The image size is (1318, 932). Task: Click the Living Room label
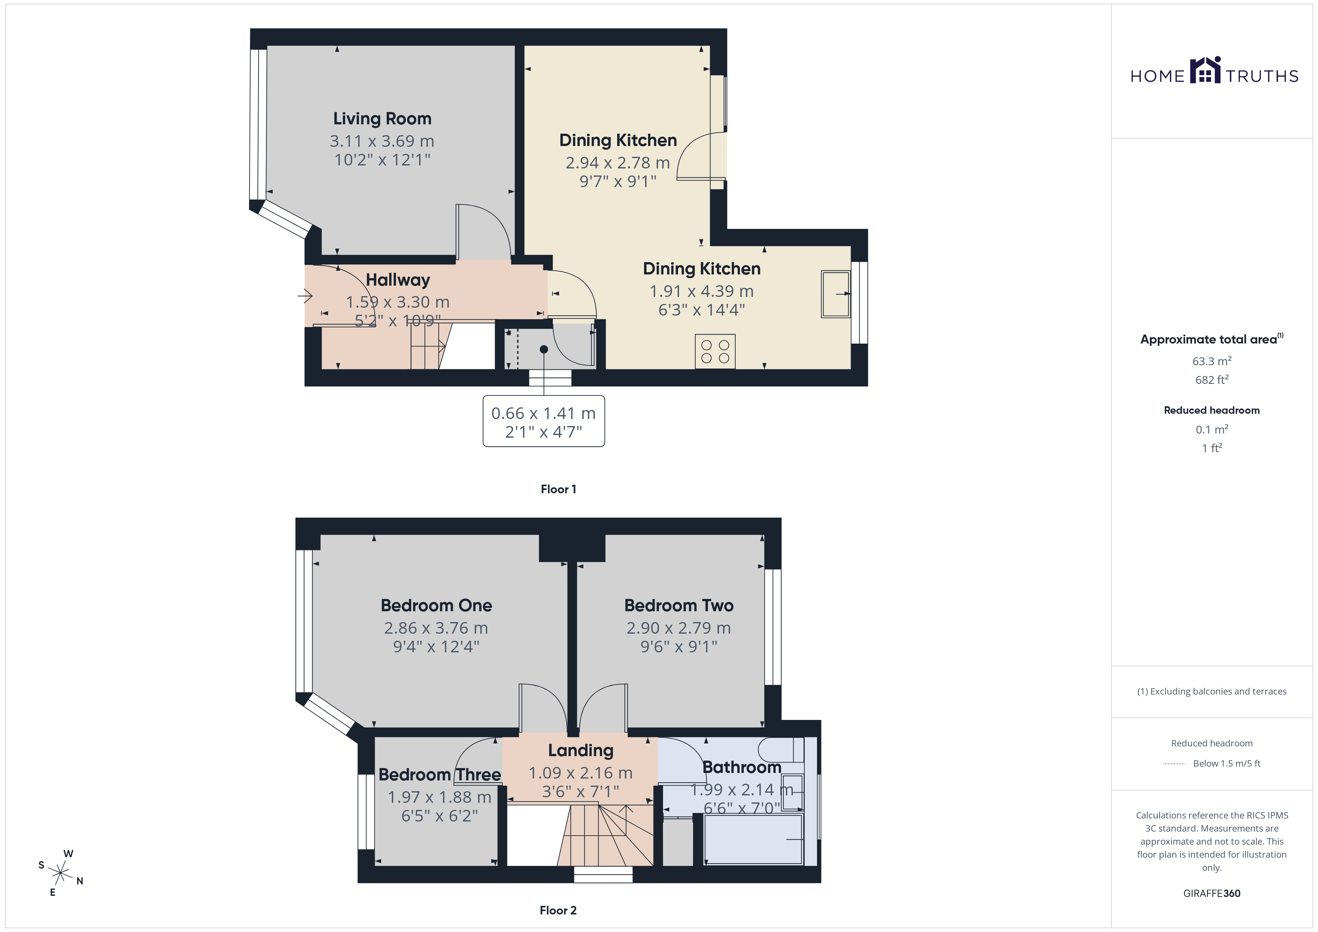coord(382,119)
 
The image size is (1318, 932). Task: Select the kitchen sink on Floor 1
coord(835,294)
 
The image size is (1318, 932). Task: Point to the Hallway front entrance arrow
coord(305,296)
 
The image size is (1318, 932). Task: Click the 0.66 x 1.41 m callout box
coord(544,421)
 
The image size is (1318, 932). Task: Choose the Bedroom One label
coord(436,605)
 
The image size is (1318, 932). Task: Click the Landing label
coord(580,750)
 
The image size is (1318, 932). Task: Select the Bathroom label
coord(742,767)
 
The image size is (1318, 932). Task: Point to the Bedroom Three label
coord(440,775)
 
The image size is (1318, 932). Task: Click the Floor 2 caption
coord(558,910)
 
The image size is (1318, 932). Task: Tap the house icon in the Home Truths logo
coord(1205,70)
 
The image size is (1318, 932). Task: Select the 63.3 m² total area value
coord(1212,361)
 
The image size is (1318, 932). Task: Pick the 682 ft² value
coord(1212,379)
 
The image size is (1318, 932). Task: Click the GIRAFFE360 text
coord(1212,894)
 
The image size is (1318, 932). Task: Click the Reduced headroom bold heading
coord(1212,410)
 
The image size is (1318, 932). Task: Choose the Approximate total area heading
coord(1212,339)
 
